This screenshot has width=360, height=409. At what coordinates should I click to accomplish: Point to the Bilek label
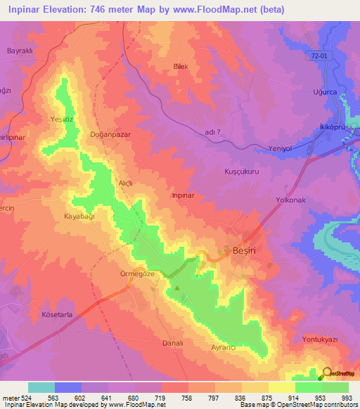(182, 67)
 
